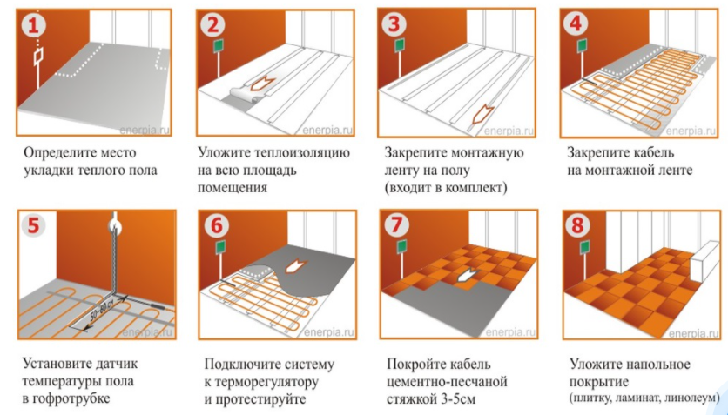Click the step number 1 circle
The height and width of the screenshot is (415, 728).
tap(35, 25)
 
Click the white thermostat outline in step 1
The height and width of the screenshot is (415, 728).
tap(38, 57)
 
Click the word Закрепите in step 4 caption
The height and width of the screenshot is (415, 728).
tap(596, 152)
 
